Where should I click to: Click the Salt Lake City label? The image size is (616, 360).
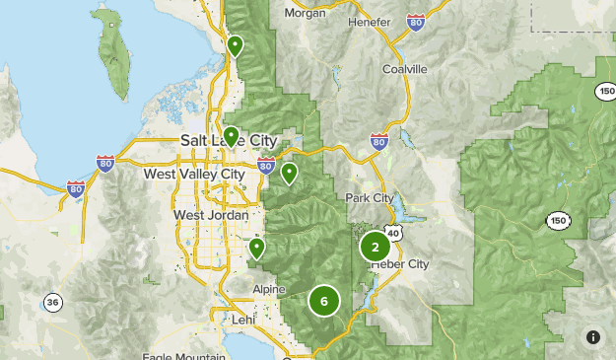(x=229, y=141)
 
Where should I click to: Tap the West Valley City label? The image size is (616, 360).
(x=193, y=174)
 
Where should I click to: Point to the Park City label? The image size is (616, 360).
(x=370, y=198)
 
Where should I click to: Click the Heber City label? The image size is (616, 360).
(x=399, y=264)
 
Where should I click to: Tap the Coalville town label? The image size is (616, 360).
(x=404, y=69)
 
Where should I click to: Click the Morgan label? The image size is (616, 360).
(x=305, y=13)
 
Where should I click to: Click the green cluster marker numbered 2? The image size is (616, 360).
(x=375, y=248)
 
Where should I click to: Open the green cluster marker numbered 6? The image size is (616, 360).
(x=324, y=301)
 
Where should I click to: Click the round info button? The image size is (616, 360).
(x=592, y=337)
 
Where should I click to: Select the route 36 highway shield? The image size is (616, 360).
(x=51, y=301)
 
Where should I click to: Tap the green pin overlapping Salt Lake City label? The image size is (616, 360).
(x=231, y=135)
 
